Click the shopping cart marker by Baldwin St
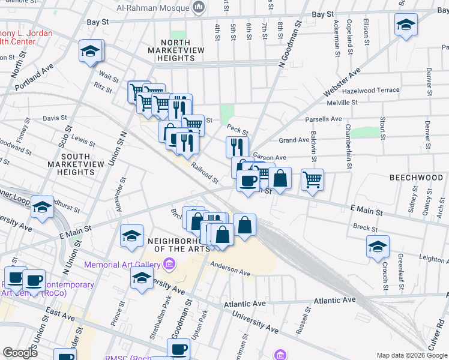[312, 179]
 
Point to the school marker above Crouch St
[378, 246]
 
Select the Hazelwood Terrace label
[370, 90]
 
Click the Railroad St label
[205, 172]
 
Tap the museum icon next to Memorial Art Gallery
[169, 264]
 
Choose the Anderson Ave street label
[229, 269]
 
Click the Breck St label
[365, 227]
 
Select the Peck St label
[238, 130]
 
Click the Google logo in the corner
[20, 352]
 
